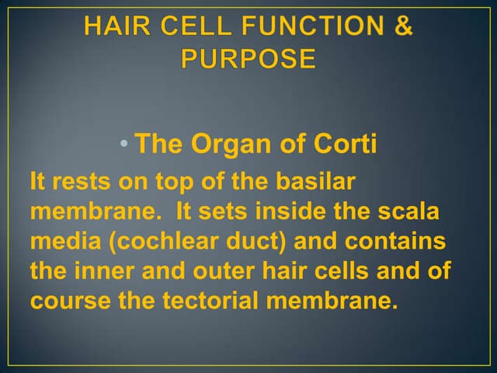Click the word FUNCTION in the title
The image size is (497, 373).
315,26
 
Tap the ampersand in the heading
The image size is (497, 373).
402,26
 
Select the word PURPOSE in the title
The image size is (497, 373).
248,59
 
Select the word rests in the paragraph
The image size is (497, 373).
79,183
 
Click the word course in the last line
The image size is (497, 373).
68,301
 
